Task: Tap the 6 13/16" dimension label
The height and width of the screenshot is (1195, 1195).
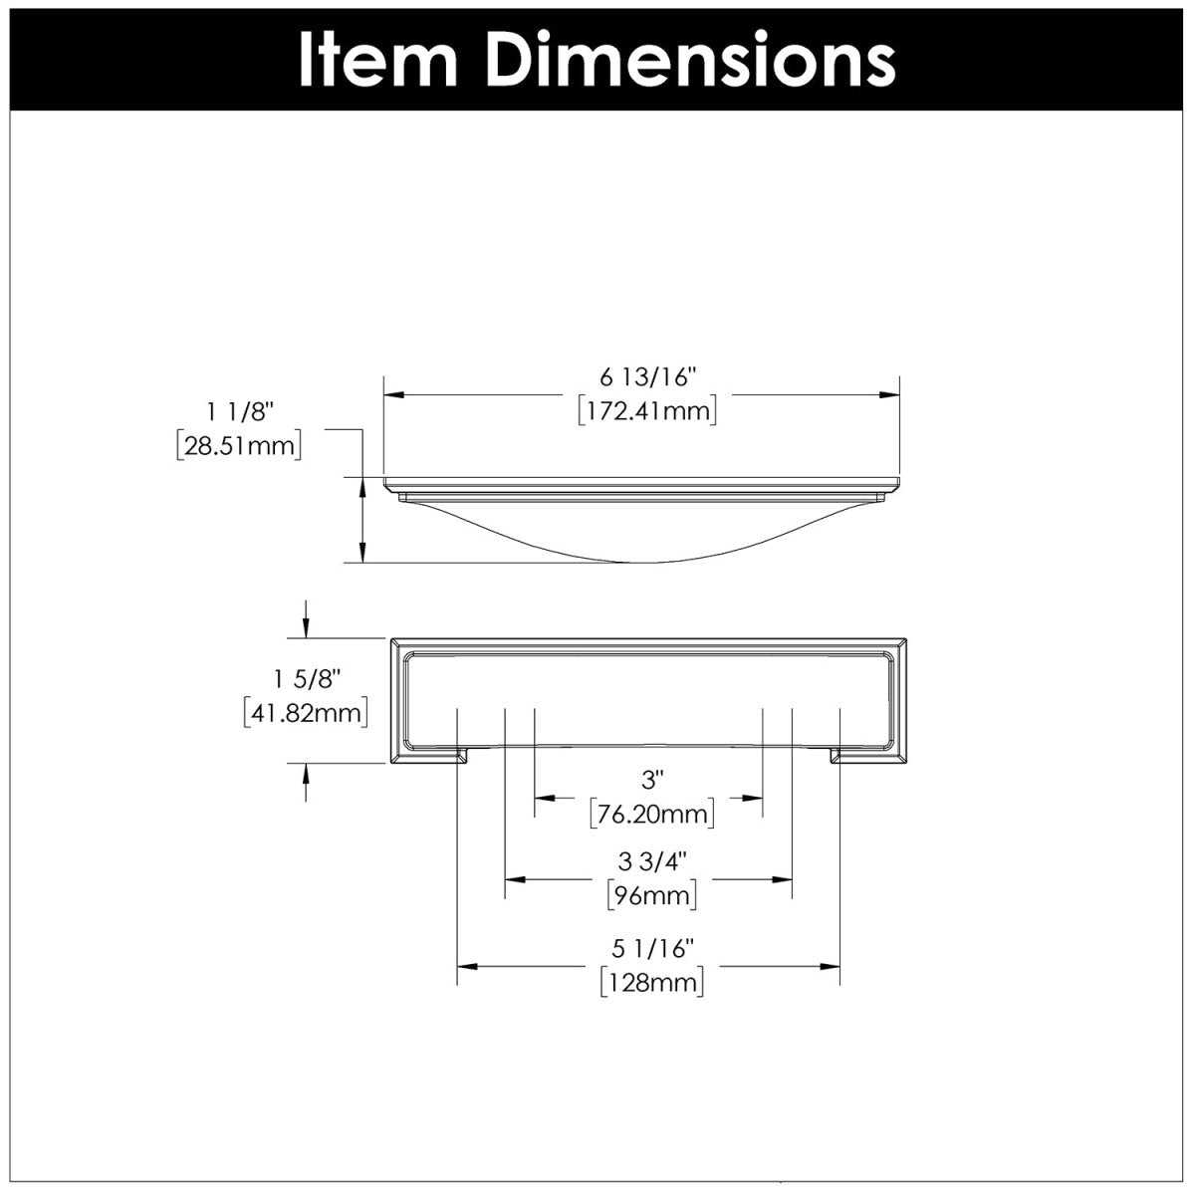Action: pyautogui.click(x=647, y=377)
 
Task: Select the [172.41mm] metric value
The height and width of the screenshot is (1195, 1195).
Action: pyautogui.click(x=647, y=409)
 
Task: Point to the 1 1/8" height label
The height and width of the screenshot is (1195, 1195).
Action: pyautogui.click(x=239, y=410)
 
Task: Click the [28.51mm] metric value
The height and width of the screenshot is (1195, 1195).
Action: pyautogui.click(x=239, y=444)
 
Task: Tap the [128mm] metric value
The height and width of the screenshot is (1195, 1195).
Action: pyautogui.click(x=652, y=983)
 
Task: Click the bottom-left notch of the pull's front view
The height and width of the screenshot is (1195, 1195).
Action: pyautogui.click(x=462, y=757)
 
